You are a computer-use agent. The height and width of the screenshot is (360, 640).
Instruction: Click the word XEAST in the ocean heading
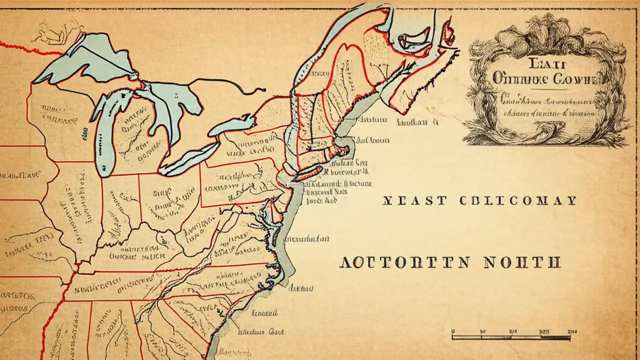[414, 201]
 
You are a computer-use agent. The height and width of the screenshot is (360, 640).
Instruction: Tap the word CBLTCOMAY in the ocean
[517, 201]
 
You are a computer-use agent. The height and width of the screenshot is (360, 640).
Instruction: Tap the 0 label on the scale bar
[452, 330]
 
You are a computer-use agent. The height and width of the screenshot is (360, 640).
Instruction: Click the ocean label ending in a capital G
[417, 121]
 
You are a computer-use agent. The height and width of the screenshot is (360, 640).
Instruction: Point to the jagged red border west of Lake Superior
[30, 47]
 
